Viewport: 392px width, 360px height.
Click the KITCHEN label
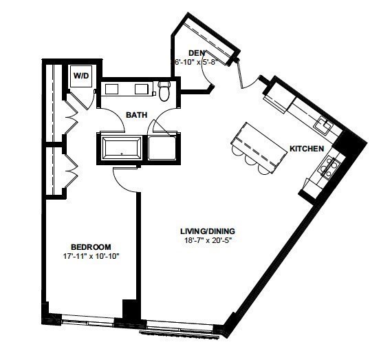[x=307, y=149]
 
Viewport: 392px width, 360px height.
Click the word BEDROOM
[x=91, y=246]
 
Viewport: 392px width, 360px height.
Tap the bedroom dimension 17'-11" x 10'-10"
[x=91, y=257]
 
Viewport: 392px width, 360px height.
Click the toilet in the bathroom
[x=164, y=89]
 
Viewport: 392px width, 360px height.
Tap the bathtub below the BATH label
[x=122, y=147]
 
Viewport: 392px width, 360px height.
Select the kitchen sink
[x=323, y=126]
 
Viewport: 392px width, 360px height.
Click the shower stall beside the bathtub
[x=163, y=147]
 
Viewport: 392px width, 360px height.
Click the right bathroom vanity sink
[x=142, y=88]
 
